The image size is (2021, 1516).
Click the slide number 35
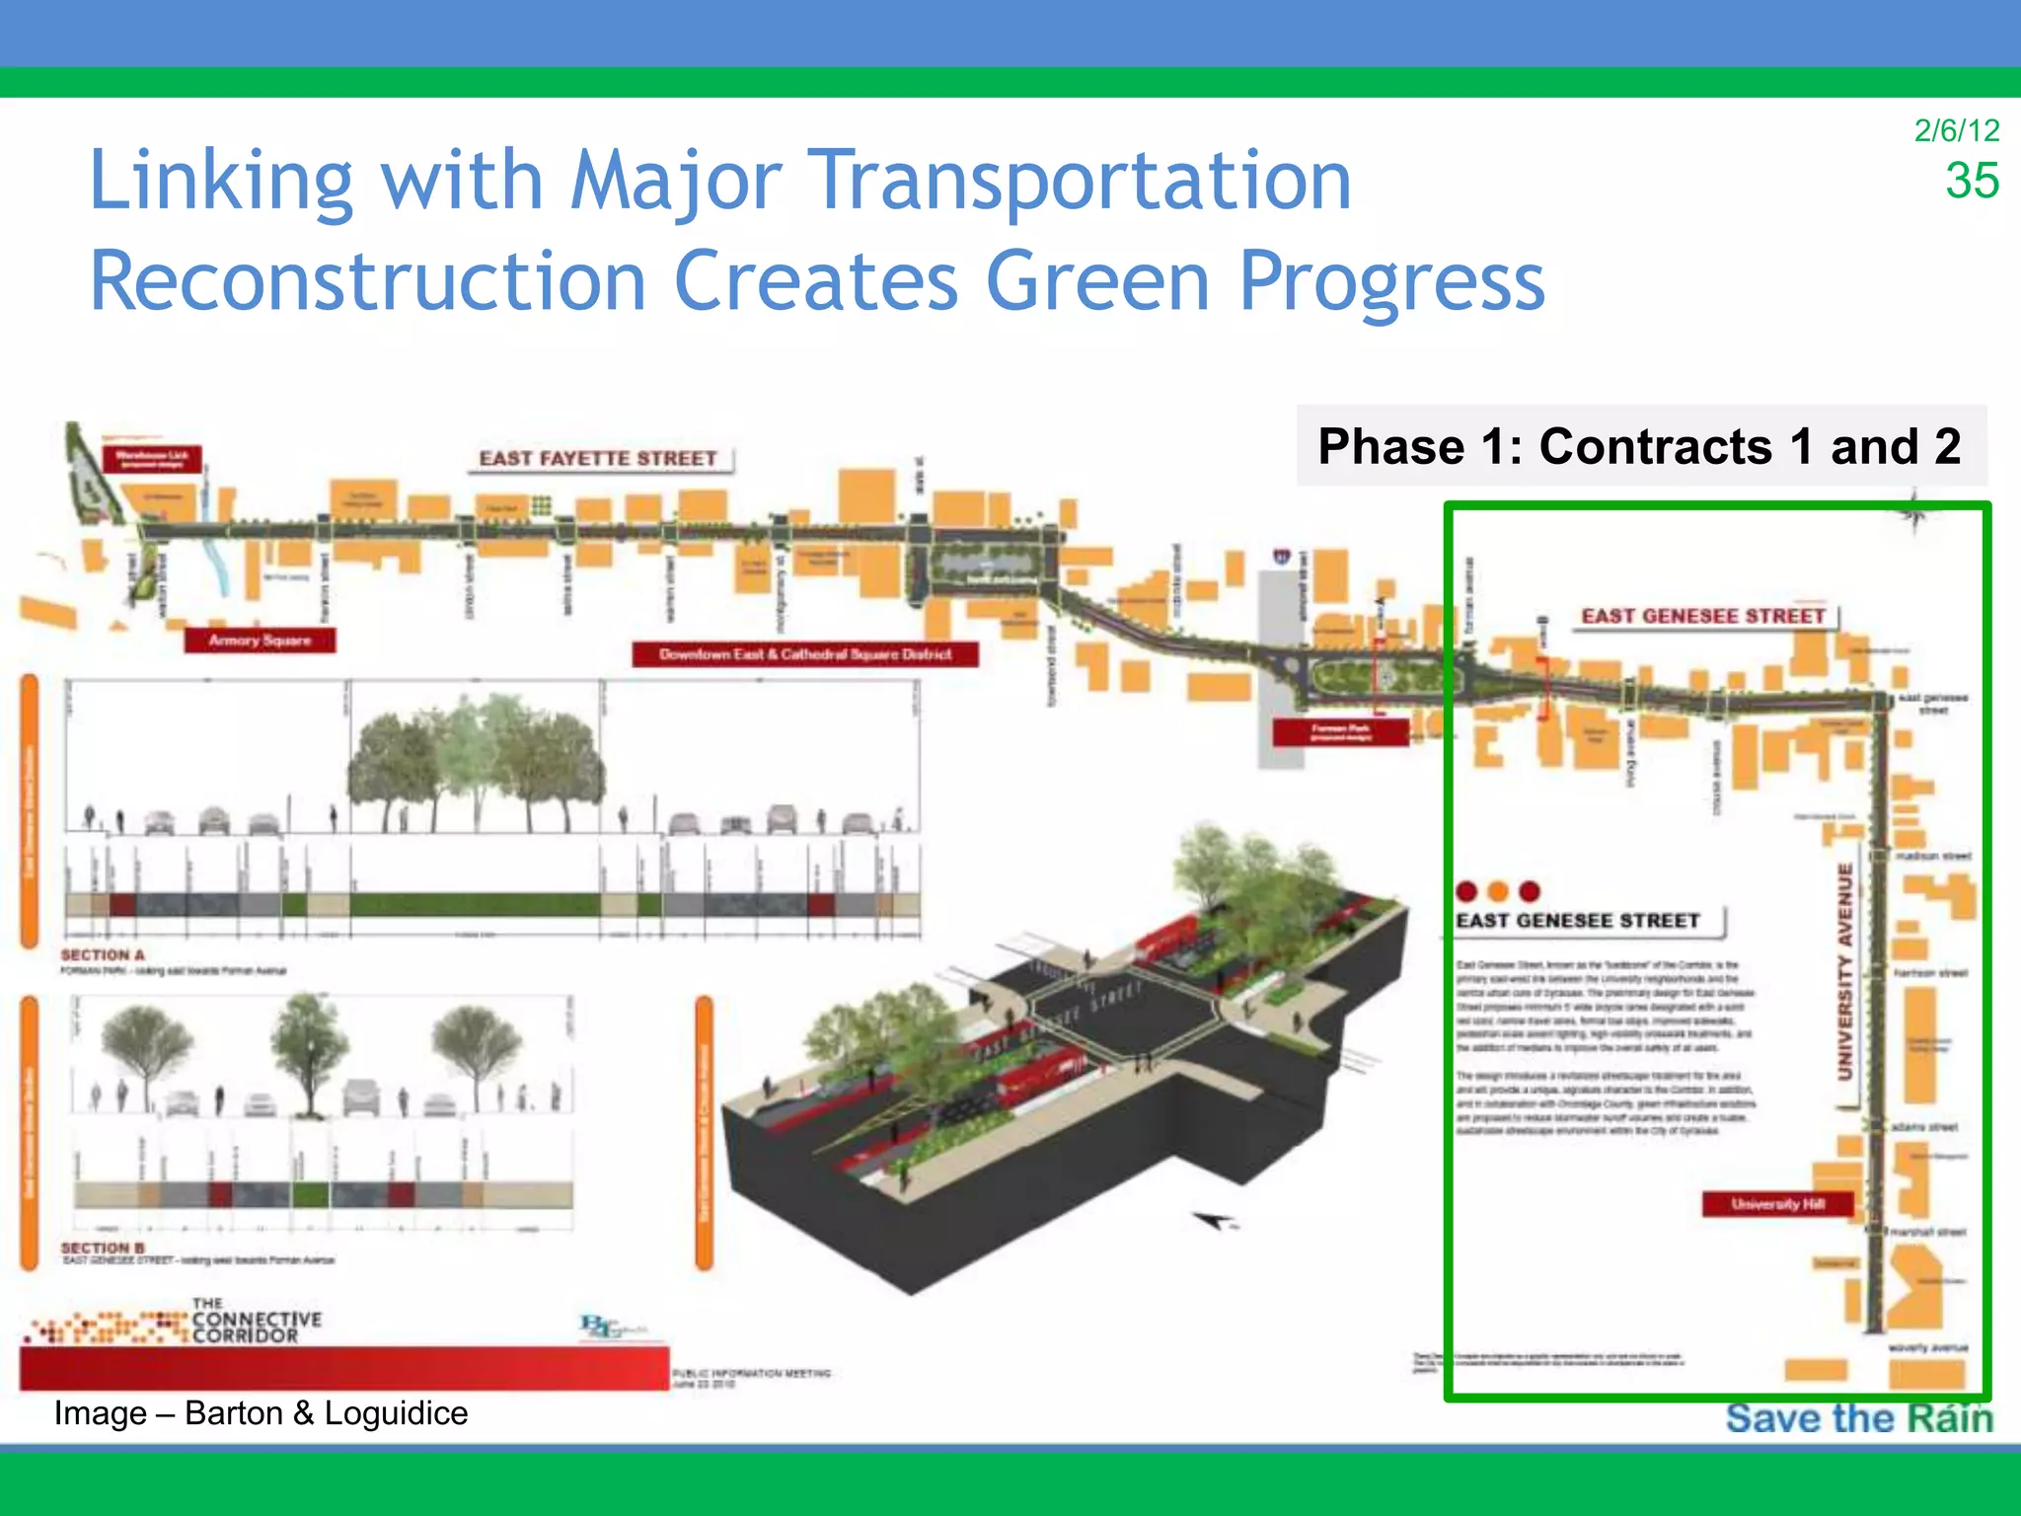pos(1971,181)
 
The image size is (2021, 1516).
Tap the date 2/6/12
pos(1956,130)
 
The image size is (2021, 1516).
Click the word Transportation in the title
pos(1082,181)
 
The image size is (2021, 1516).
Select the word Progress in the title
pos(1391,281)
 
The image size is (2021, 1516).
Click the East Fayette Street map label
pos(598,459)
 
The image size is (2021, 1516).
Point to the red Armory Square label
pos(260,641)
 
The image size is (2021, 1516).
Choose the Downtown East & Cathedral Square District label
pos(805,654)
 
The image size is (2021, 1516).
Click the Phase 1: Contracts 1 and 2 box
pos(1640,446)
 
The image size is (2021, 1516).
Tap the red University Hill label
pos(1777,1204)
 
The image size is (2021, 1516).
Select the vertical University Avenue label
pos(1844,971)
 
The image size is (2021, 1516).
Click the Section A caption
pos(103,955)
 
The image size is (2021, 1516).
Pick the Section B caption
pos(103,1249)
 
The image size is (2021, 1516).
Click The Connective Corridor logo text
pos(257,1321)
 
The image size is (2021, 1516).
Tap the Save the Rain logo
pos(1859,1418)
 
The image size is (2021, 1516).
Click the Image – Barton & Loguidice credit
pos(261,1413)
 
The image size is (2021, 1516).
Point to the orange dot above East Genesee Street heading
pos(1498,892)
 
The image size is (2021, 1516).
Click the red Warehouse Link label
pos(152,458)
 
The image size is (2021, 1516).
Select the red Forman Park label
pos(1340,732)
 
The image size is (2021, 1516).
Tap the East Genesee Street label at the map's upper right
pos(1703,617)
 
